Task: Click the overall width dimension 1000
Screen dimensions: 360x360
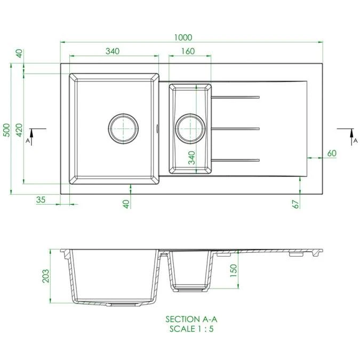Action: (x=183, y=37)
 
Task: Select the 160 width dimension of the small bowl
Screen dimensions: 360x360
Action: (x=187, y=51)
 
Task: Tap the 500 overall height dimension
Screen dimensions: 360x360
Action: (x=6, y=130)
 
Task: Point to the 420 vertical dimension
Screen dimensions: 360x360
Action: (x=19, y=130)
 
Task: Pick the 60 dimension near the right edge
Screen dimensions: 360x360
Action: (x=332, y=154)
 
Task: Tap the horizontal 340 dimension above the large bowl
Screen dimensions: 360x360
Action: (x=112, y=51)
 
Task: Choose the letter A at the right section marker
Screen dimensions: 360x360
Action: (x=355, y=141)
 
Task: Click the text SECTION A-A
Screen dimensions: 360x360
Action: (x=191, y=319)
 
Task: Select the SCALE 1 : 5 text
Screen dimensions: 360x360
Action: (x=191, y=329)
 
